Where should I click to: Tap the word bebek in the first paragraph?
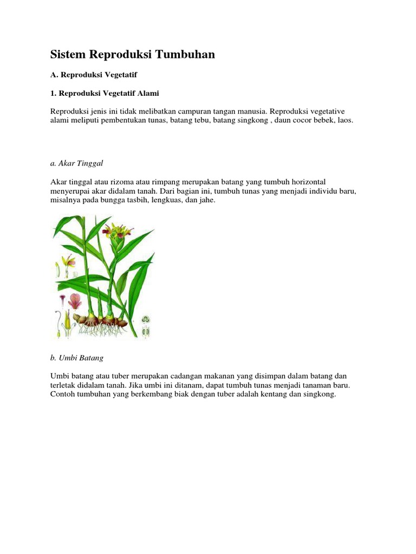[322, 121]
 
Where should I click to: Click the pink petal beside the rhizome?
[75, 300]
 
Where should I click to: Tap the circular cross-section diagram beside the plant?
[146, 319]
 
